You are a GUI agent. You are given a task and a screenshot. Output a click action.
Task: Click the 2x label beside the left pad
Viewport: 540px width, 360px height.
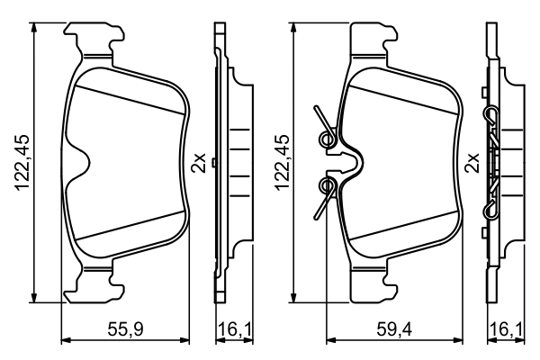200,164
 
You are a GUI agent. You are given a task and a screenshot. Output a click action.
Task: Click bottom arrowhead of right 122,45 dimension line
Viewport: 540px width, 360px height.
295,300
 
